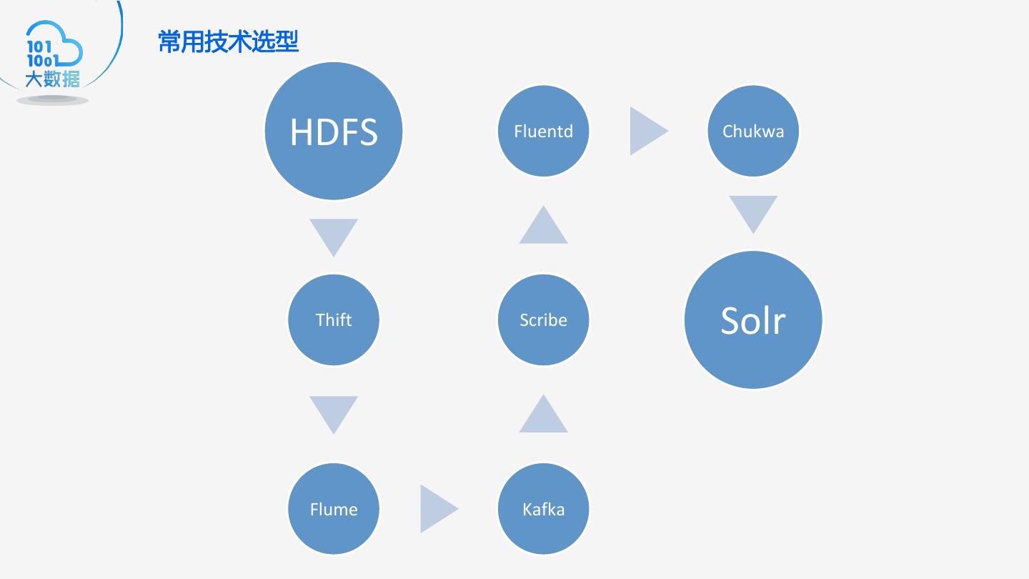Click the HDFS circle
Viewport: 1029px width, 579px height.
(334, 132)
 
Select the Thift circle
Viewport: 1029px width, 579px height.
(334, 320)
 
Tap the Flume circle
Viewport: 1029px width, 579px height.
(334, 509)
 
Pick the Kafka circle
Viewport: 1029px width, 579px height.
(543, 509)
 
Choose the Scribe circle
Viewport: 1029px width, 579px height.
(543, 320)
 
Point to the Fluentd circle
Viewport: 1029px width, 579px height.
(543, 132)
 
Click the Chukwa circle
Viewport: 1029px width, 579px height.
(753, 132)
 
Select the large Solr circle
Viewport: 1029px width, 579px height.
(753, 320)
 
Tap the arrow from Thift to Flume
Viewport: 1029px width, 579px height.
(334, 412)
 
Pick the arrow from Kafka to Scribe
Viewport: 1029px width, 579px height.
(543, 417)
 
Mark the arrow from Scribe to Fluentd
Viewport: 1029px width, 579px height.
(543, 227)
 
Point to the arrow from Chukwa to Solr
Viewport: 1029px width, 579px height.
(753, 212)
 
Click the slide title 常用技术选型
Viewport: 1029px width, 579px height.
(228, 42)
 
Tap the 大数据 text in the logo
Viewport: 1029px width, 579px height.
(52, 79)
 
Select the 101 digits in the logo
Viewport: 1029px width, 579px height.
(39, 47)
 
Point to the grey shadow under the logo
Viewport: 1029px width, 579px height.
(52, 101)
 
